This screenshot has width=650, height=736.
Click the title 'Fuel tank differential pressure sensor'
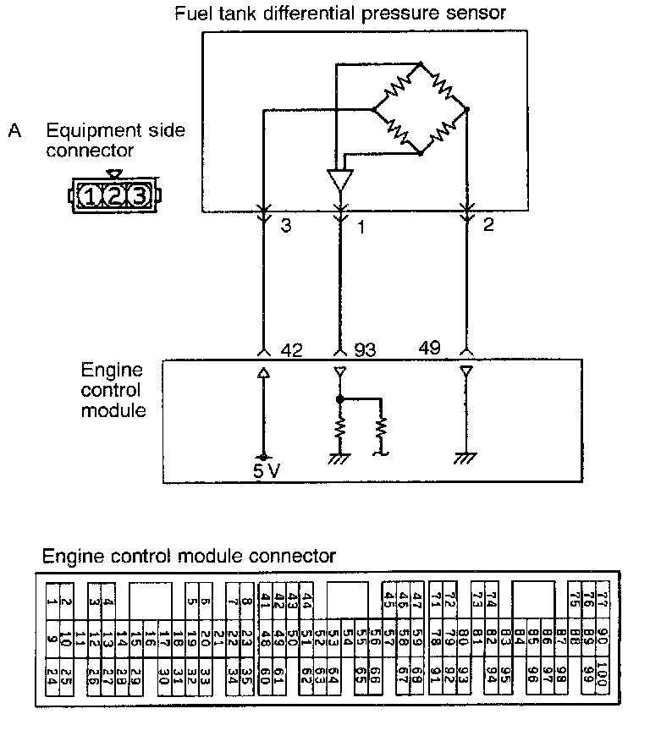click(340, 13)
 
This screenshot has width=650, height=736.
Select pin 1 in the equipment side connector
click(91, 197)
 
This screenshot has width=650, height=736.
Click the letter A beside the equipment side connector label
click(14, 131)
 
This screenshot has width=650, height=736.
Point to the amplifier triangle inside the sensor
click(339, 180)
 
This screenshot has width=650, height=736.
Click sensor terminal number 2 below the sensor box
click(488, 225)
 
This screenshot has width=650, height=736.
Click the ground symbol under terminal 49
click(465, 458)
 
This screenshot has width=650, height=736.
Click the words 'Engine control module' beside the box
click(112, 390)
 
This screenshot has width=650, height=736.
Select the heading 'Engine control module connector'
click(189, 556)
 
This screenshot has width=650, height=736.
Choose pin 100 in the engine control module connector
click(602, 675)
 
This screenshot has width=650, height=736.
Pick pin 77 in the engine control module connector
click(603, 601)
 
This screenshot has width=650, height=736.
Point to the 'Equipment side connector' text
click(115, 140)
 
